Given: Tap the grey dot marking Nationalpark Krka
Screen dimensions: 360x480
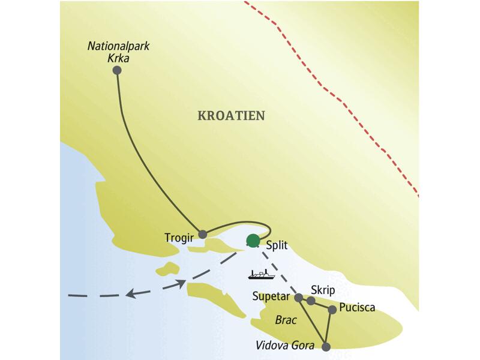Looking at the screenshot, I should coord(117,70).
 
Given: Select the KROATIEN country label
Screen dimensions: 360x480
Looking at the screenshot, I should coord(231,116).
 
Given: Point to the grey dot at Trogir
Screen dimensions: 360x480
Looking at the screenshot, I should coord(203,234).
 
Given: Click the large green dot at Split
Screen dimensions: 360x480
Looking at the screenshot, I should coord(254,240).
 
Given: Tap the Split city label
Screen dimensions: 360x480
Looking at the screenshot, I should coord(277,245).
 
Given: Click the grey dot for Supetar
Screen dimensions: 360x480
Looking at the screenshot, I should coord(298,297).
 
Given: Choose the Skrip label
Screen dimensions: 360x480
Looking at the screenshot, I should coord(322,289).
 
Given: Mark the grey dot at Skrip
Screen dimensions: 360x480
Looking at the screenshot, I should coord(311,301).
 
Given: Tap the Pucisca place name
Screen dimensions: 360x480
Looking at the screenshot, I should coord(357,308).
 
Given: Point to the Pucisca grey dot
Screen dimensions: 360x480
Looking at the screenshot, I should coord(332,310).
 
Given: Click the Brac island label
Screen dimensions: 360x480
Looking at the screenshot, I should coord(285,320).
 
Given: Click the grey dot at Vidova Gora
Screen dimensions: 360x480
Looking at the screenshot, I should coord(326,347).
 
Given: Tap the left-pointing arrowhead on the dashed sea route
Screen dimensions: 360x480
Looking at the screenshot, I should coord(130,293).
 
